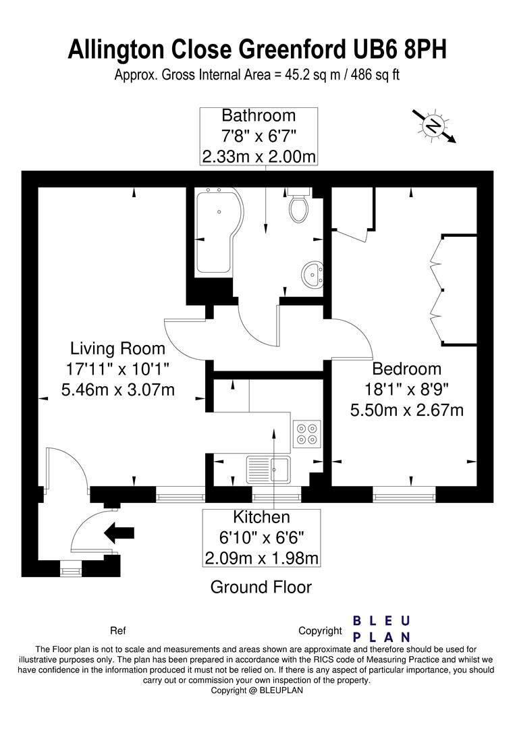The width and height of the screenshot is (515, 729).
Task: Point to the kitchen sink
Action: click(x=268, y=468)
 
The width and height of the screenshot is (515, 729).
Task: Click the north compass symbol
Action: click(x=433, y=125)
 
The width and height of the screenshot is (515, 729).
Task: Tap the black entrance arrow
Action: click(x=119, y=533)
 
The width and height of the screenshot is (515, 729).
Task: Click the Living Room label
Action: click(x=117, y=348)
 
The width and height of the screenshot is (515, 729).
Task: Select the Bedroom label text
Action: click(x=407, y=369)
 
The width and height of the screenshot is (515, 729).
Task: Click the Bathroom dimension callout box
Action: click(x=259, y=136)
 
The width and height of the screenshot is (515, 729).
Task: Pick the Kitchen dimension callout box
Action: click(x=261, y=538)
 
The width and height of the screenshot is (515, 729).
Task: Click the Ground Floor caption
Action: click(x=261, y=587)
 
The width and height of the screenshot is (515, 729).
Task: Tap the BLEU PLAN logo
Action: click(x=382, y=629)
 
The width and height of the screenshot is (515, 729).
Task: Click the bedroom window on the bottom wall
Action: click(x=404, y=497)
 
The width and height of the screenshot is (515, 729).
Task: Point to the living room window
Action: click(x=180, y=497)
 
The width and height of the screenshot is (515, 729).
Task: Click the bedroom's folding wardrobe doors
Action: click(x=438, y=288)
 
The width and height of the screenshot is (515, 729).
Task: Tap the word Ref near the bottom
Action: click(x=118, y=631)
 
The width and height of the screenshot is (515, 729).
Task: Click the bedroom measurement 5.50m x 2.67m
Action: click(x=407, y=410)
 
